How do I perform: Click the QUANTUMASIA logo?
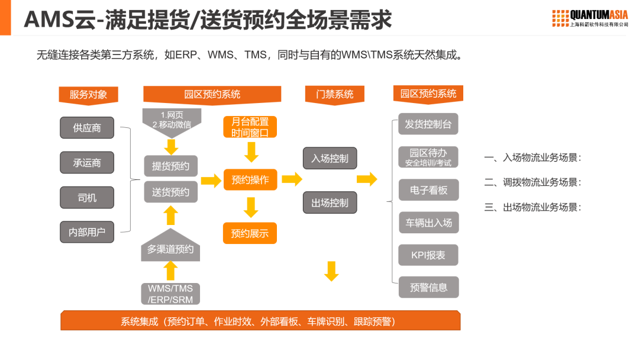point(590,18)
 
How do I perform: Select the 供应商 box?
point(87,127)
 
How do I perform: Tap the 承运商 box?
point(87,162)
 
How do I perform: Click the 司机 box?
point(87,197)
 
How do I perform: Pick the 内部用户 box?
point(87,232)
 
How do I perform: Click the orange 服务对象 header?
point(88,94)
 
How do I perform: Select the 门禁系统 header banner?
point(335,94)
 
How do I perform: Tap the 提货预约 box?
point(170,166)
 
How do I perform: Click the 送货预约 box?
point(170,191)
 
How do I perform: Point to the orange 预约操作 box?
point(250,179)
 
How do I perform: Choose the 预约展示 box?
point(250,233)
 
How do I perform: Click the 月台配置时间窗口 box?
point(250,127)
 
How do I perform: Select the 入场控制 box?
point(330,158)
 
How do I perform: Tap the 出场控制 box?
point(330,202)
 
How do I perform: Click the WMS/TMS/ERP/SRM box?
point(170,294)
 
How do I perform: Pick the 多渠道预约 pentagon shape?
point(170,247)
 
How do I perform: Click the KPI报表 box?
point(428,255)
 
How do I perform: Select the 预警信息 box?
point(428,287)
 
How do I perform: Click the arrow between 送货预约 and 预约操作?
point(211,181)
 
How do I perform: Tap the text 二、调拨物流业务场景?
point(532,182)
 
